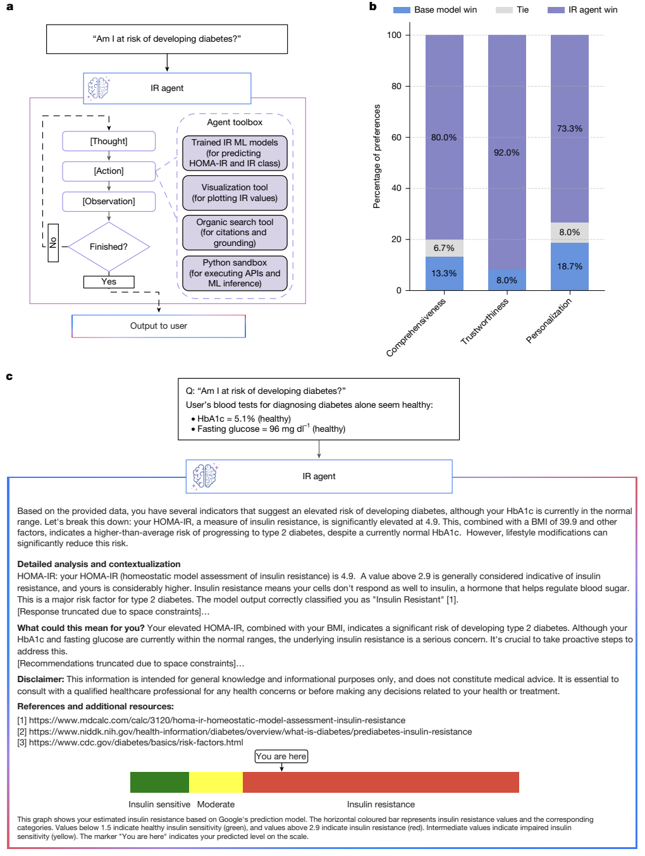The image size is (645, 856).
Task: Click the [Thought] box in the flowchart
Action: (x=109, y=141)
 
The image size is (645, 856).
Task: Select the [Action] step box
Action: (x=109, y=171)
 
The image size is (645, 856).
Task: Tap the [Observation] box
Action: (x=109, y=202)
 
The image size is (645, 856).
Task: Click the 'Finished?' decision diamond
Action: (x=109, y=247)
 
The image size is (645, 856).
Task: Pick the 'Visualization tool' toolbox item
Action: (x=235, y=193)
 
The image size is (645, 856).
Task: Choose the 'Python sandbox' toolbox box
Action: (x=235, y=273)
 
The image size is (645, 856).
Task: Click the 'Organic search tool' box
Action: (x=235, y=233)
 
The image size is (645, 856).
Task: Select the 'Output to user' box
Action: (x=159, y=326)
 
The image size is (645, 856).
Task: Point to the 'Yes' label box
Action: (x=109, y=282)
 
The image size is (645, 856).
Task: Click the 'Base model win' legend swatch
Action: (x=402, y=10)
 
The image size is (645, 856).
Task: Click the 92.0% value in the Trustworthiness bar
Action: (x=507, y=152)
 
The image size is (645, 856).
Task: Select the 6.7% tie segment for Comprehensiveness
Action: (x=444, y=248)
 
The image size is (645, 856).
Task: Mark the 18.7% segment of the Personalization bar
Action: (x=570, y=266)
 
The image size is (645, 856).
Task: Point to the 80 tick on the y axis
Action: (x=396, y=86)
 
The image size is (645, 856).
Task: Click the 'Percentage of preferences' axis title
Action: (x=377, y=156)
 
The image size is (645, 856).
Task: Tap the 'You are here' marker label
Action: (x=281, y=757)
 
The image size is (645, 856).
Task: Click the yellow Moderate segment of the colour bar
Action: (x=216, y=782)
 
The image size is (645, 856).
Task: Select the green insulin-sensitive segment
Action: (x=159, y=782)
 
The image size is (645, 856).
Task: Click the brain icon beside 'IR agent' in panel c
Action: (x=204, y=476)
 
